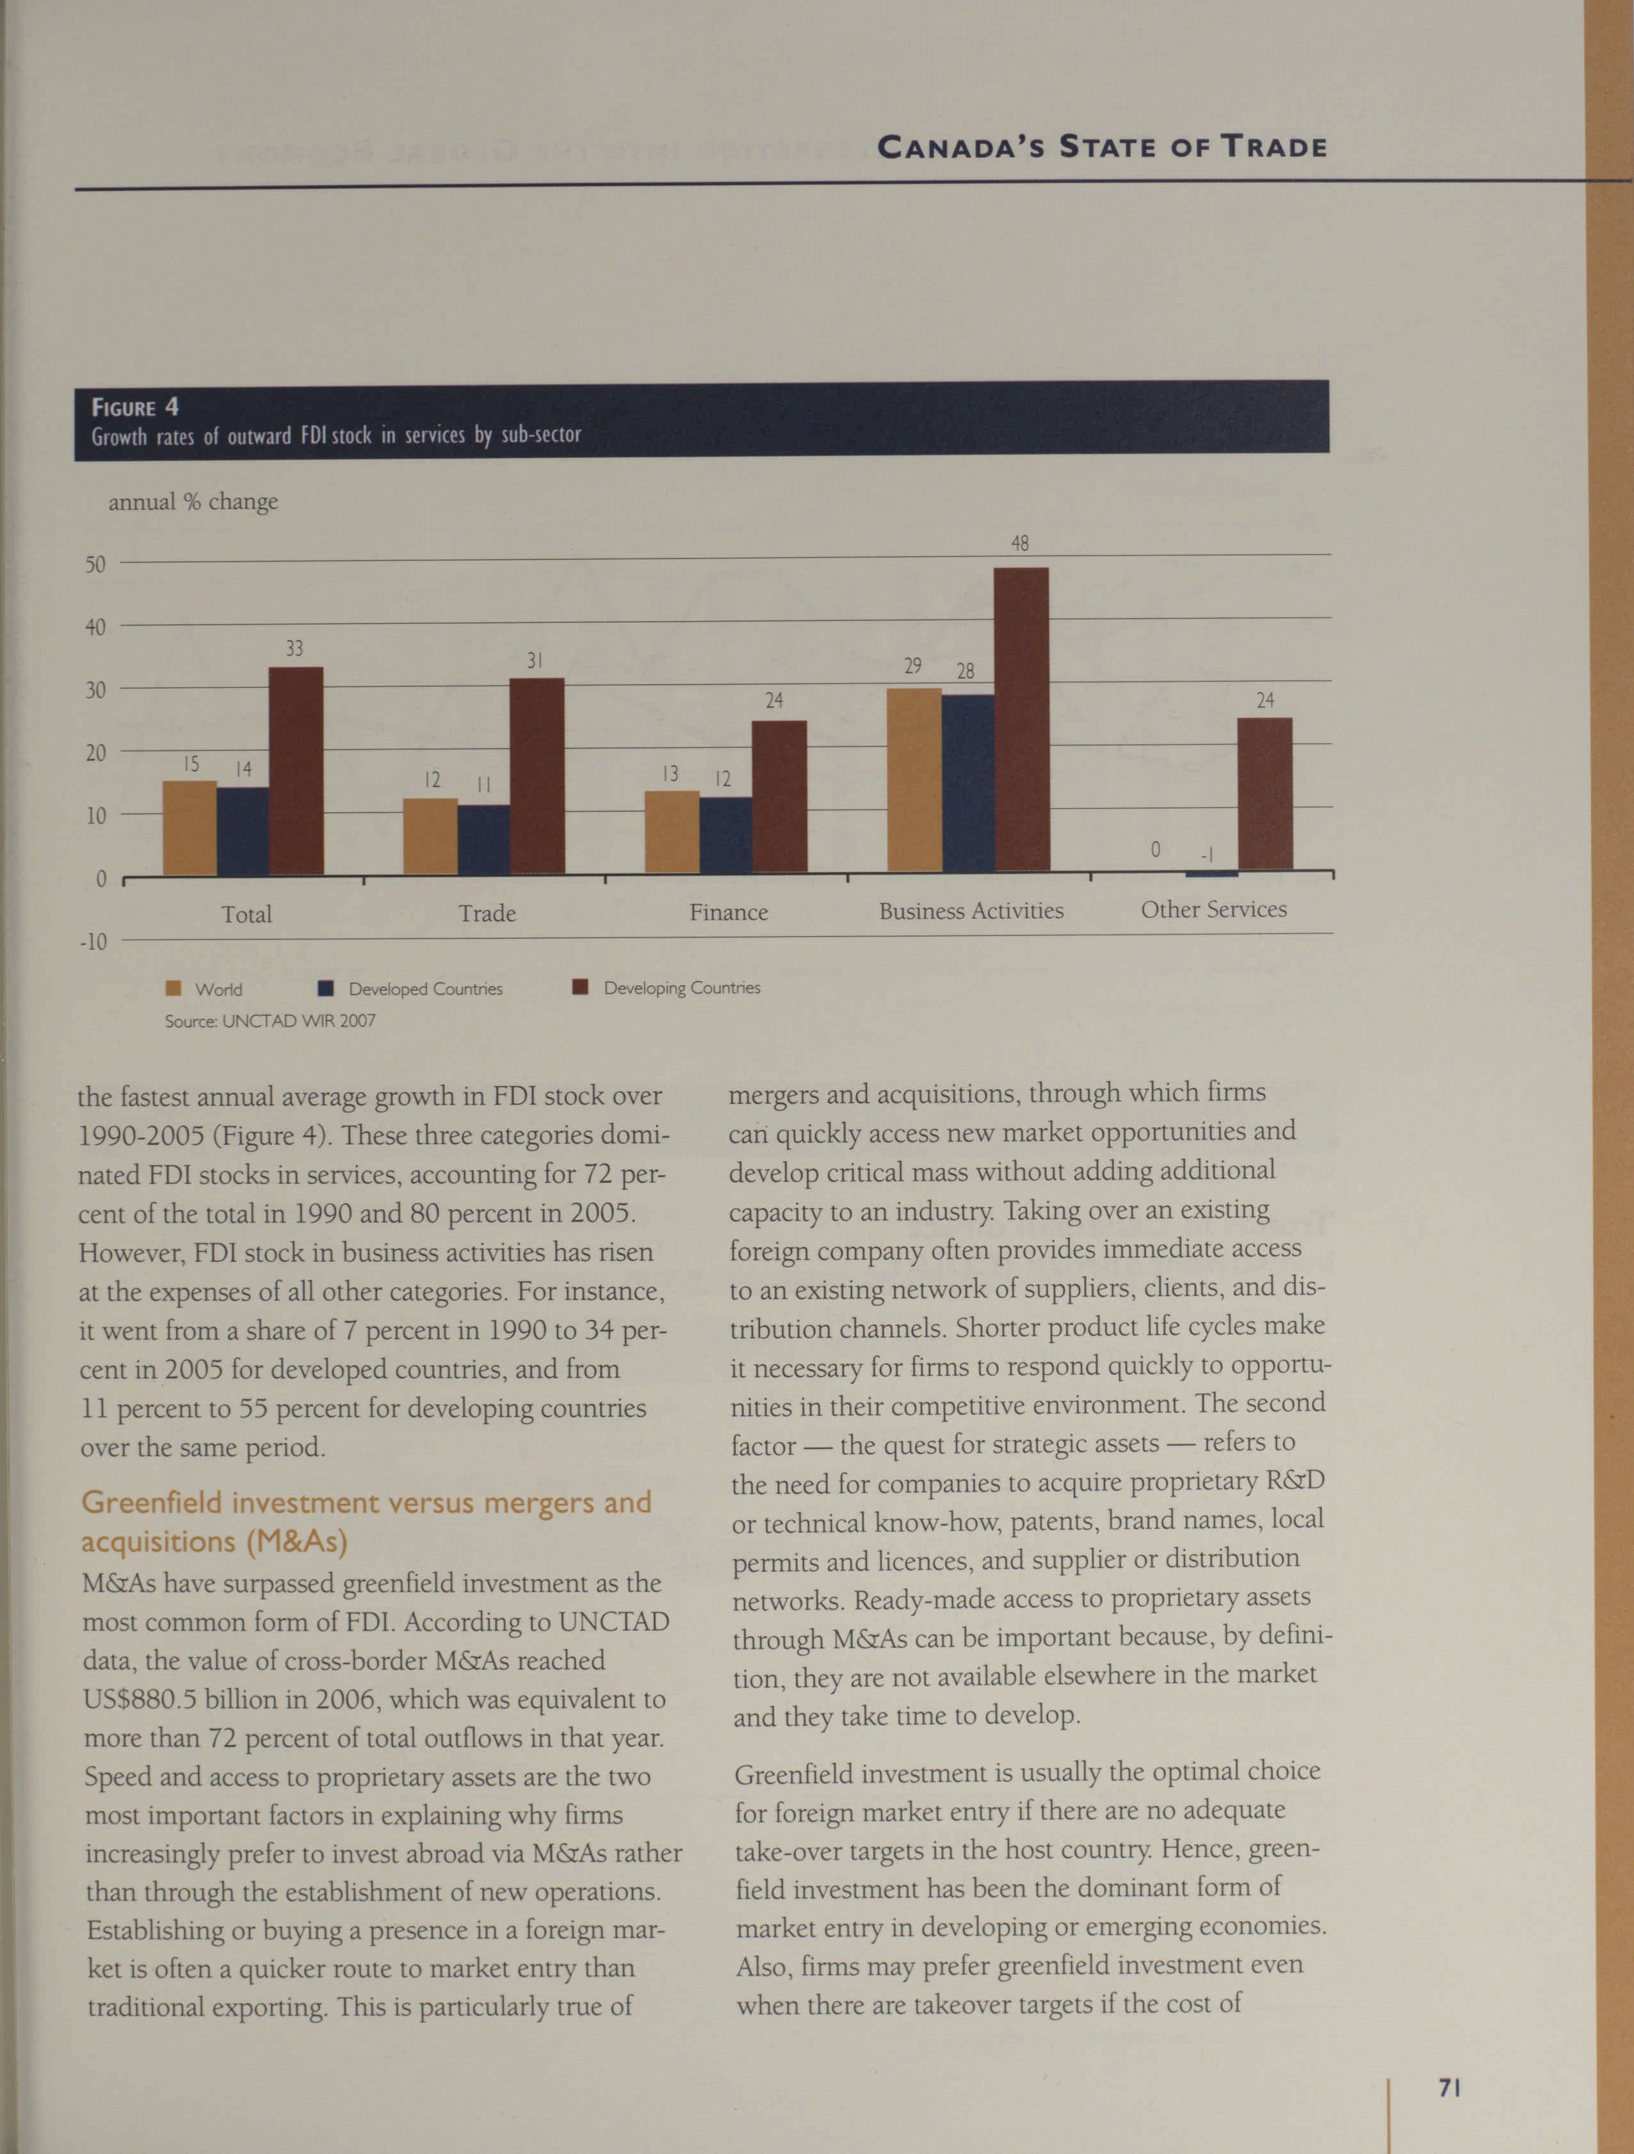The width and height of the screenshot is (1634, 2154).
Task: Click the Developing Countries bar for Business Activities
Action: tap(1021, 718)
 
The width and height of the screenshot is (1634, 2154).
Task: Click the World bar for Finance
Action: tap(672, 832)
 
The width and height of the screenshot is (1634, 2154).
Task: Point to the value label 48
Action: tap(1019, 544)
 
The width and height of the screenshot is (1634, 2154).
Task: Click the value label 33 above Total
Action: tap(294, 649)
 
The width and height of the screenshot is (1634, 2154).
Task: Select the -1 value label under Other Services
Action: tap(1206, 855)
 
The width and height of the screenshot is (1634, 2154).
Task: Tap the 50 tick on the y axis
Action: tap(95, 565)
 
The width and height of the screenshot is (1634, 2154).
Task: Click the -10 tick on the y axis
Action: tap(92, 943)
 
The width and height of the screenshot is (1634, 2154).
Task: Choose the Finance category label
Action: tap(729, 912)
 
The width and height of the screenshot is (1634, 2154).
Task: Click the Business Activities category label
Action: tap(971, 911)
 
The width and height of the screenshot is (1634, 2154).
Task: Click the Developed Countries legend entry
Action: tap(411, 989)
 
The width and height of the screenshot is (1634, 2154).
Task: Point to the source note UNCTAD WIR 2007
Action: tap(270, 1021)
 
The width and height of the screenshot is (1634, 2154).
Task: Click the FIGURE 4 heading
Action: tap(134, 407)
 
